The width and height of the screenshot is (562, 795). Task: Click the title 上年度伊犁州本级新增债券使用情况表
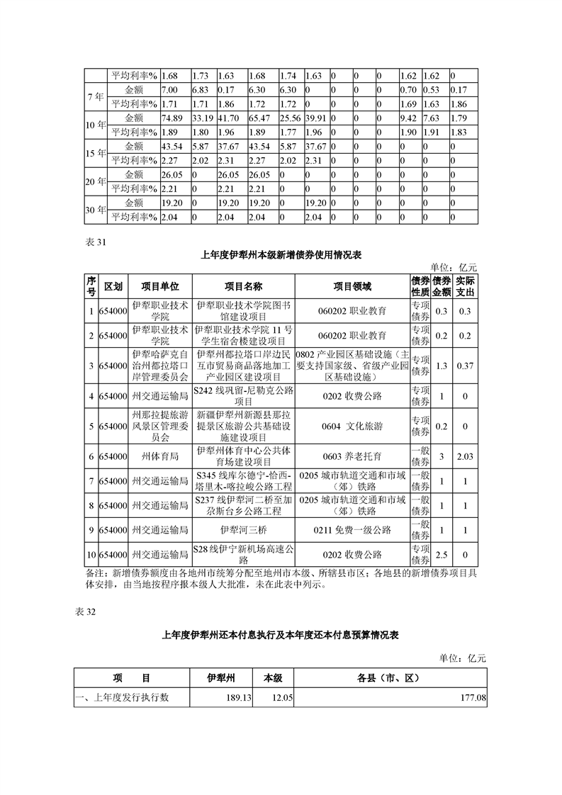coord(281,254)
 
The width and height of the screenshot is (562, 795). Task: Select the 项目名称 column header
coord(243,286)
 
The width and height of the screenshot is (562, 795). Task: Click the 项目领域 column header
coord(352,286)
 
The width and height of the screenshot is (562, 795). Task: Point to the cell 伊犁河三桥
coord(243,529)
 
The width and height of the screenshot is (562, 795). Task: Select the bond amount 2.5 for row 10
coord(442,554)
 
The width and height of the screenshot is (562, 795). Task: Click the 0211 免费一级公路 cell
coord(352,529)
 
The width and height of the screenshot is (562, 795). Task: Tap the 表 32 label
coord(84,611)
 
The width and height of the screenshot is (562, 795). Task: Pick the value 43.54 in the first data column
coord(173,146)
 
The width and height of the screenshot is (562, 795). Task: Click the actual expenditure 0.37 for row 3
coord(465,366)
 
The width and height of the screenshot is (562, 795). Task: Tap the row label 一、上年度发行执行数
coord(125,698)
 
